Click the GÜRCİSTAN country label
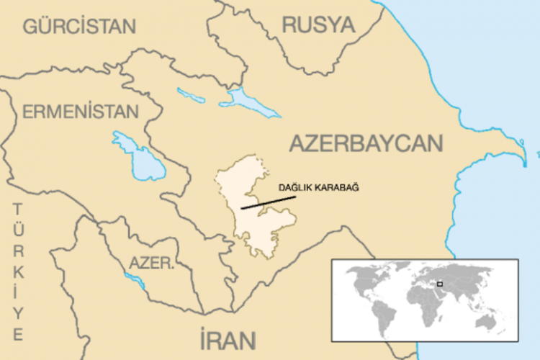click(79, 27)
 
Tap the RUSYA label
click(318, 25)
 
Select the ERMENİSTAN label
click(80, 112)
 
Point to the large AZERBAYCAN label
click(366, 144)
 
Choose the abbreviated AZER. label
click(151, 264)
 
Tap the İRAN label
click(228, 338)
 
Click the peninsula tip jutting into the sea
click(529, 154)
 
